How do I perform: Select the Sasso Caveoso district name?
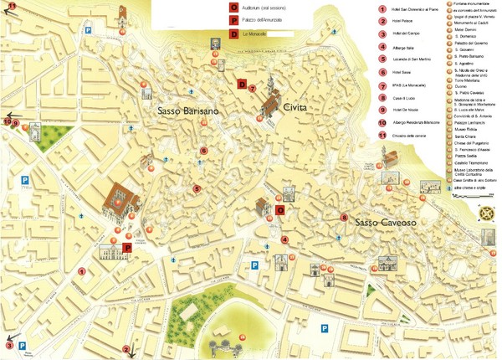383,224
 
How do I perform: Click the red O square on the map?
280,209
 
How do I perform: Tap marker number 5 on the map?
197,189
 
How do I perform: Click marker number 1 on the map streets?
82,271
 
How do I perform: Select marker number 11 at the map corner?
11,7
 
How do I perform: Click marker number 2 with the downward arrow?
126,349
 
